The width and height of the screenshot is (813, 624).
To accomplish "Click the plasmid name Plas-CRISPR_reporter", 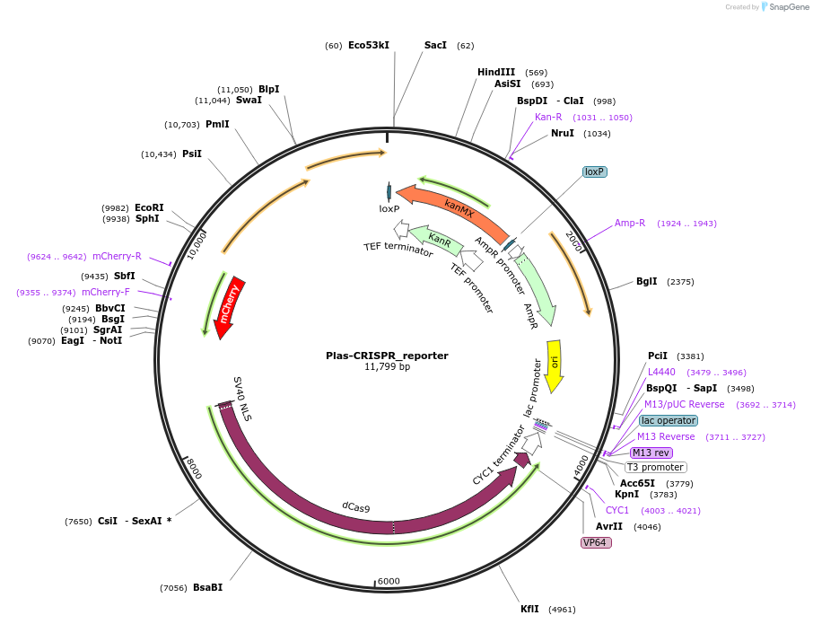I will click(387, 356).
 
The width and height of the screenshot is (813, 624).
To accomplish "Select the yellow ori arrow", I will click(555, 364).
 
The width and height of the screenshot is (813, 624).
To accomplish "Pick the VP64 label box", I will click(597, 542).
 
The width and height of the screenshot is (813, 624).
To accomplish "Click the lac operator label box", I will click(669, 420).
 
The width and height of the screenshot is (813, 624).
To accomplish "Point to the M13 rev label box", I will click(651, 453).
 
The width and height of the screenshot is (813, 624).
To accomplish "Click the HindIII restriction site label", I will click(496, 73).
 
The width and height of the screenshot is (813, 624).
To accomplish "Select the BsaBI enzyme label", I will click(207, 588).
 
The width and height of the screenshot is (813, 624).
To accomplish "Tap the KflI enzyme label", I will click(530, 609).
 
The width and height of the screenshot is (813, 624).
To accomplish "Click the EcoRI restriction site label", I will click(151, 207).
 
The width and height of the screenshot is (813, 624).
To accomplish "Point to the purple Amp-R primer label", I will click(630, 223).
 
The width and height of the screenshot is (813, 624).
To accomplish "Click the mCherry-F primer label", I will click(106, 292).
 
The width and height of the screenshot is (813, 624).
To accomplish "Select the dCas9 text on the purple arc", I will click(356, 507).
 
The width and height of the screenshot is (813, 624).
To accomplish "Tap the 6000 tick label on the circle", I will click(389, 581).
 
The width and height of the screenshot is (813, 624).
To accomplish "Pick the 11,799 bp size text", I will click(387, 367).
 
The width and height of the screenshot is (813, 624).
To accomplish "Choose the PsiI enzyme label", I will click(192, 154).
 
